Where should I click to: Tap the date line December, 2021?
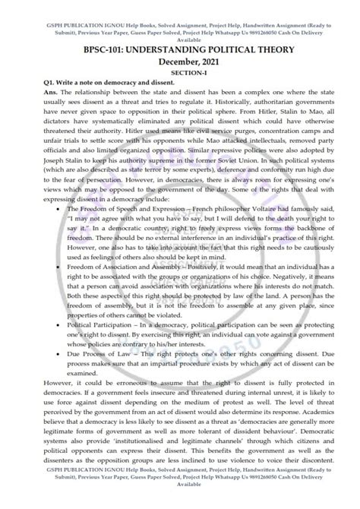(x=179, y=60)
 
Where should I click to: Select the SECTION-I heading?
(x=179, y=71)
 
